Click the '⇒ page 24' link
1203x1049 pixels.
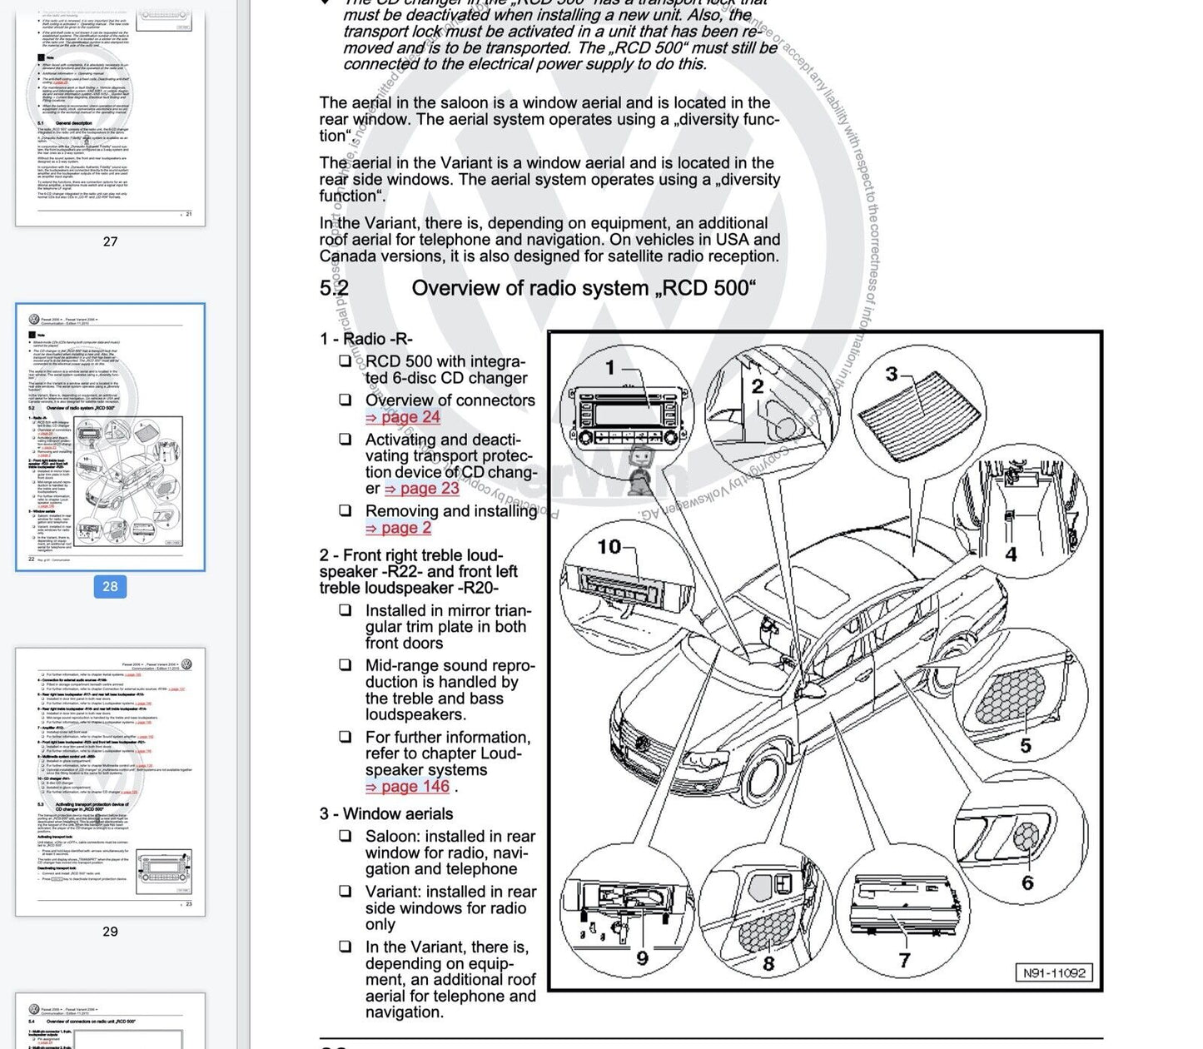pyautogui.click(x=403, y=417)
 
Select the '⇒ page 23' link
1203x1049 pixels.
pyautogui.click(x=422, y=489)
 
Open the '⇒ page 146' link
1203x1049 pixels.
pyautogui.click(x=407, y=787)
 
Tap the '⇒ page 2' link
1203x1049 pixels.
pyautogui.click(x=399, y=528)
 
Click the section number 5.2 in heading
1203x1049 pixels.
pyautogui.click(x=334, y=288)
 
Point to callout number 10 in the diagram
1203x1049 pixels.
pyautogui.click(x=609, y=547)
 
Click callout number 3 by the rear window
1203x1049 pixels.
pyautogui.click(x=892, y=375)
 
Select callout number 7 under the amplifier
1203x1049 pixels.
pyautogui.click(x=904, y=960)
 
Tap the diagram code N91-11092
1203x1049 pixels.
pyautogui.click(x=1055, y=972)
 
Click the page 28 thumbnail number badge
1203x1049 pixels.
pyautogui.click(x=110, y=586)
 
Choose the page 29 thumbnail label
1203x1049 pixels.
pyautogui.click(x=110, y=932)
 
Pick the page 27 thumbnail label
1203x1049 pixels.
pyautogui.click(x=110, y=241)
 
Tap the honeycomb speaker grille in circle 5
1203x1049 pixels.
pyautogui.click(x=1010, y=695)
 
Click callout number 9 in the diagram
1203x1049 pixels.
pyautogui.click(x=642, y=958)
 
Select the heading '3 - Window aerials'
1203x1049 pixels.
pyautogui.click(x=386, y=814)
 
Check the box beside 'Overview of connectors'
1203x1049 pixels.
pyautogui.click(x=345, y=400)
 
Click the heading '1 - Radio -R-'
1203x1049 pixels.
pyautogui.click(x=366, y=339)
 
